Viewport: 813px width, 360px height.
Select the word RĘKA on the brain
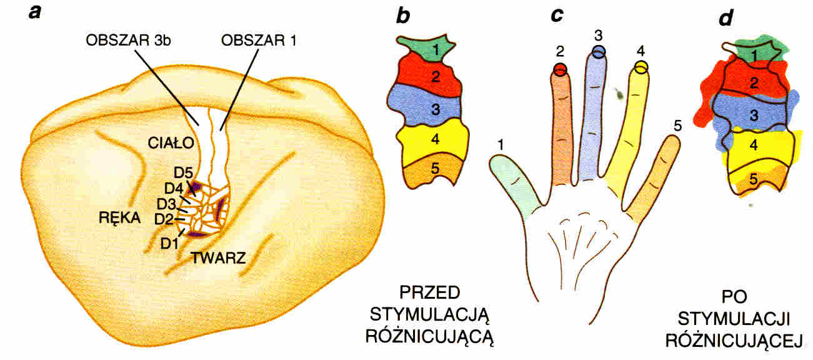click(119, 217)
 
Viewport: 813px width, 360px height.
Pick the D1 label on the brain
click(169, 242)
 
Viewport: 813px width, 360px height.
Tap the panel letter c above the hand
click(557, 16)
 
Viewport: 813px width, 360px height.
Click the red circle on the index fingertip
click(560, 69)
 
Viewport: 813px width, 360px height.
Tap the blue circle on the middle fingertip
click(599, 52)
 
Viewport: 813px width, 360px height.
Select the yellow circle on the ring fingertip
click(641, 66)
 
